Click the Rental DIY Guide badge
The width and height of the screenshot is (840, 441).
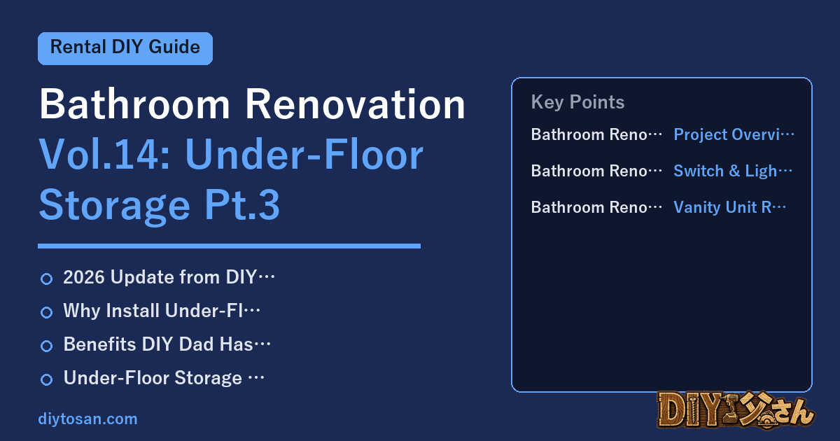click(x=125, y=48)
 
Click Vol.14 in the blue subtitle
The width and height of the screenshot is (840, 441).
click(x=105, y=155)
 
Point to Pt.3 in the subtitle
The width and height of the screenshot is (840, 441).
click(x=242, y=204)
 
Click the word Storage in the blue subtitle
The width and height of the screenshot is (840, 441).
click(x=115, y=206)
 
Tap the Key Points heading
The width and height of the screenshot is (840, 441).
click(x=577, y=102)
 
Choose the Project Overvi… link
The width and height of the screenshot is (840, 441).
click(x=734, y=134)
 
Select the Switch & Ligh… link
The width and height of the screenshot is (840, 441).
click(x=733, y=171)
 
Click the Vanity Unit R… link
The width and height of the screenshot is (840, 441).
click(x=729, y=207)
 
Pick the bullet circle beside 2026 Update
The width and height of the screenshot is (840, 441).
click(x=46, y=279)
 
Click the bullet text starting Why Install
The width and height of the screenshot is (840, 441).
click(x=162, y=311)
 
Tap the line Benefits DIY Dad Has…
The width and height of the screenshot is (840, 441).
click(x=167, y=344)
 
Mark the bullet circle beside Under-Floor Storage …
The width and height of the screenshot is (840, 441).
click(x=46, y=379)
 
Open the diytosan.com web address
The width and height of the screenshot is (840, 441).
click(x=87, y=419)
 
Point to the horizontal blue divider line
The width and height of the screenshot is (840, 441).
click(x=229, y=246)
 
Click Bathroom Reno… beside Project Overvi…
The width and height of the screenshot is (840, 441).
click(x=596, y=134)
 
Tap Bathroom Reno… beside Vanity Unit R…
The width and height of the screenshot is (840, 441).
click(x=596, y=207)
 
